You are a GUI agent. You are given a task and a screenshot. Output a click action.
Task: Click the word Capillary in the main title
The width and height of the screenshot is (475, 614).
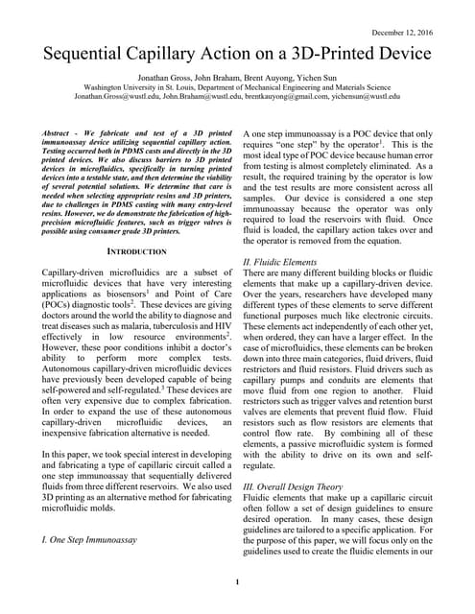tap(191, 54)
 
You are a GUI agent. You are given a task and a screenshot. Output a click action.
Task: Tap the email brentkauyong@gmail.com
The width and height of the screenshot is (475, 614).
tap(273, 96)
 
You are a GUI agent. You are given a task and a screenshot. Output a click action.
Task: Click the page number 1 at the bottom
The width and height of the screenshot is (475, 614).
tap(237, 582)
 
